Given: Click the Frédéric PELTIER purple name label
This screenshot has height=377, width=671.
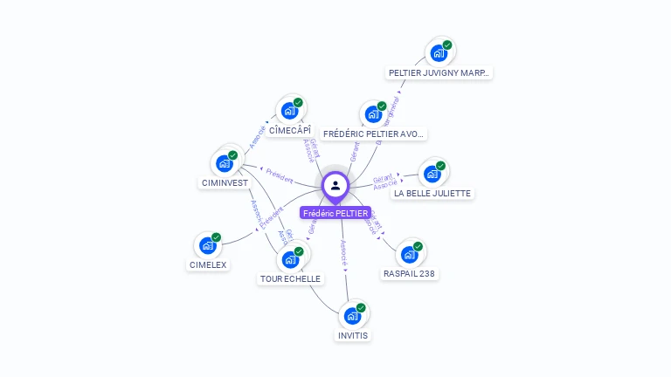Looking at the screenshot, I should [x=335, y=213].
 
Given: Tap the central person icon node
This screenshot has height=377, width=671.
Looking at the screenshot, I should [x=335, y=185].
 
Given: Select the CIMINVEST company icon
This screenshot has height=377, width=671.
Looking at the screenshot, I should [x=225, y=162].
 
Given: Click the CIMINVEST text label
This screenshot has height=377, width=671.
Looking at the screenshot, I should [x=225, y=183].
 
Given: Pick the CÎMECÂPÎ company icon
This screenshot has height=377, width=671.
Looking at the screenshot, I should [x=290, y=111].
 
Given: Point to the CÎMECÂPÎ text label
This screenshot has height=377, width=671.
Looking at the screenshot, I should [x=290, y=130].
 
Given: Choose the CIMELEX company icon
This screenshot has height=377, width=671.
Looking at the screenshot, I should [x=208, y=245].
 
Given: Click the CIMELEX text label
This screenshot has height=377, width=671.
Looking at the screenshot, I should [x=208, y=264].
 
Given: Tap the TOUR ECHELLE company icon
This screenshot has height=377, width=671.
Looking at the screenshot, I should [x=291, y=259].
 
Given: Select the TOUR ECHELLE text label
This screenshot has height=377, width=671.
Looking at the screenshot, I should [x=291, y=279].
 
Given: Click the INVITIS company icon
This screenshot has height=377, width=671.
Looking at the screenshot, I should [x=353, y=315].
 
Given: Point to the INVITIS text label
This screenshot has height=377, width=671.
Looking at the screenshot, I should [x=353, y=335].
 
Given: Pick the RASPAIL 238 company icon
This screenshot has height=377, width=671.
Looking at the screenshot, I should [x=409, y=254].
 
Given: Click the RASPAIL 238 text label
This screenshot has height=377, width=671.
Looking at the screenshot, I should [x=409, y=274].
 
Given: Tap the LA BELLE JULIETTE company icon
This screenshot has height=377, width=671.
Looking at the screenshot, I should [x=432, y=174].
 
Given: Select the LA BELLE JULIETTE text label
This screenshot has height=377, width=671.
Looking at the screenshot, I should [x=432, y=194].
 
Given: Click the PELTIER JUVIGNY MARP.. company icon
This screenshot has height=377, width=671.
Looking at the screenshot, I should [x=439, y=53].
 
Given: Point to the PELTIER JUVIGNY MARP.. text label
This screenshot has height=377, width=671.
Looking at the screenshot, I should [x=439, y=73].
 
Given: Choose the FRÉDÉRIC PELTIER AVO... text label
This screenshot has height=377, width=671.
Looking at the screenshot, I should [x=373, y=134].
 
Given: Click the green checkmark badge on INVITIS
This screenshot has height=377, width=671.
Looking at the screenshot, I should [x=361, y=307].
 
